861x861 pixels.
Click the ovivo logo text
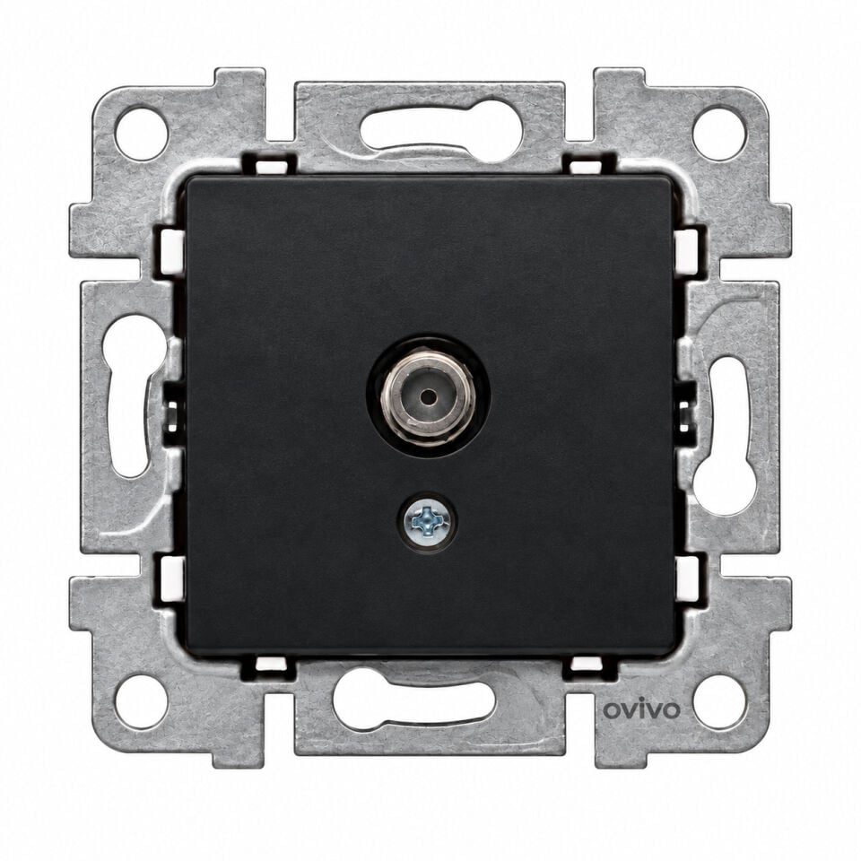point(641,709)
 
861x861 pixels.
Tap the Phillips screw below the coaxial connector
point(429,522)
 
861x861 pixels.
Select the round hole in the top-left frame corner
point(142,135)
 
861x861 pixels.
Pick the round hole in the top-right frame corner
point(719,135)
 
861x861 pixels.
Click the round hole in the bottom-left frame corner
point(142,701)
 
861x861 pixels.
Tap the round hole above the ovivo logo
point(719,701)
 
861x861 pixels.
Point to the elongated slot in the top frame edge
point(442,129)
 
